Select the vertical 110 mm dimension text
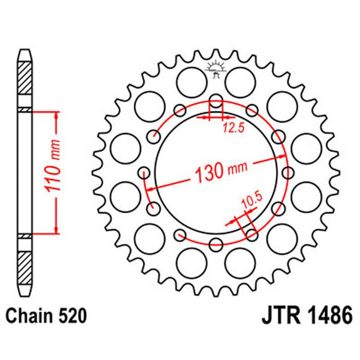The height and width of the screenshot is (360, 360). click(x=55, y=172)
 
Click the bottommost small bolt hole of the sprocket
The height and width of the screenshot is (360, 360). click(x=216, y=244)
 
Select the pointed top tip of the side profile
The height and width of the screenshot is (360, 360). click(x=25, y=51)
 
